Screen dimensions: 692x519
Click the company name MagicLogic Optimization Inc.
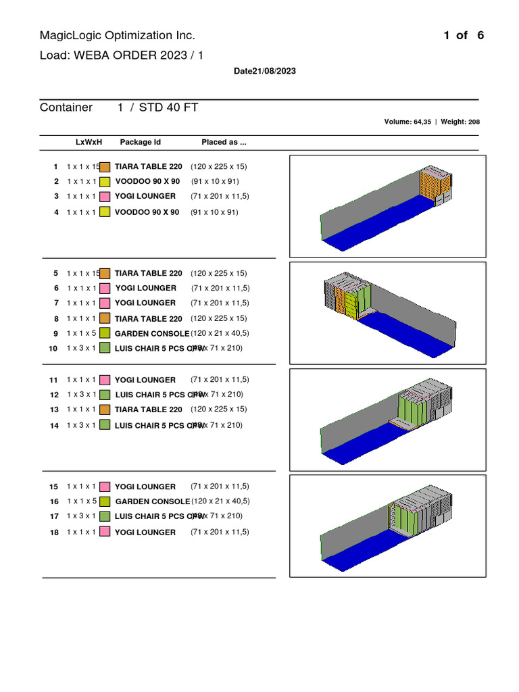(118, 36)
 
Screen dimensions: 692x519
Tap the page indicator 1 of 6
(464, 36)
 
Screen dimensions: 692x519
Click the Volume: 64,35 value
(407, 122)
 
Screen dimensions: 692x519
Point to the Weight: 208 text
(460, 122)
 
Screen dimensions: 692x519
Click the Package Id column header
(141, 143)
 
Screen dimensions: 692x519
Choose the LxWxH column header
(89, 143)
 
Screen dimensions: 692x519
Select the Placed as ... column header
(224, 143)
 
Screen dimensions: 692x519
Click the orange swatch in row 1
(105, 167)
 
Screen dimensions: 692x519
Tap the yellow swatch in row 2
(105, 182)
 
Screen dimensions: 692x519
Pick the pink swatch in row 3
(105, 197)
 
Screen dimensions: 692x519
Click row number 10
(53, 349)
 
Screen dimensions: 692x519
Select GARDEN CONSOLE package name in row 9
(152, 334)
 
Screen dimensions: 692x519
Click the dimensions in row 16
(220, 501)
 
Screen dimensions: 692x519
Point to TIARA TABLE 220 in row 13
(149, 410)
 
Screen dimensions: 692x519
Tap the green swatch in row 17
(105, 516)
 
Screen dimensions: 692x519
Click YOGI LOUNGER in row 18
(145, 533)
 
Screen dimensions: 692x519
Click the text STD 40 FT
(168, 107)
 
